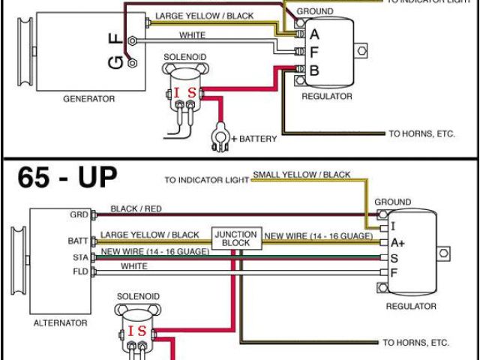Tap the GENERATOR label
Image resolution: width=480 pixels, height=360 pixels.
coord(88,99)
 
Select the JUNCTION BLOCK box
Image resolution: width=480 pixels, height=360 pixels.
coord(235,238)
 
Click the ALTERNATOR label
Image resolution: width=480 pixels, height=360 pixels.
coord(61,322)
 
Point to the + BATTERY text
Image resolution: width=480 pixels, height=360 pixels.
coord(254,139)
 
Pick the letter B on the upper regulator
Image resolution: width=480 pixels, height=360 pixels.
coord(314,71)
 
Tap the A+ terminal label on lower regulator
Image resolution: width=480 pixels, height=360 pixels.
coord(398,243)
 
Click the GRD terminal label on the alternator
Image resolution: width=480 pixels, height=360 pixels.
coord(78,214)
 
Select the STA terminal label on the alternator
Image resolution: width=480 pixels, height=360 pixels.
coord(79,257)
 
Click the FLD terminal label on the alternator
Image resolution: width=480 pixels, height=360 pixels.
coord(79,271)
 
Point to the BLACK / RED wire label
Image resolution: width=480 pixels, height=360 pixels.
coord(147,208)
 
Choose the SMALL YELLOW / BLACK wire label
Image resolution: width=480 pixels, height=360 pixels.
coord(301,175)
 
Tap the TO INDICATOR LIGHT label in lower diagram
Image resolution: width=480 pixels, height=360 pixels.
coord(207,180)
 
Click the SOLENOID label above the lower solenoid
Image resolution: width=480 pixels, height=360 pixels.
coord(138,297)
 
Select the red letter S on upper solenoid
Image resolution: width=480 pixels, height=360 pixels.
coord(192,93)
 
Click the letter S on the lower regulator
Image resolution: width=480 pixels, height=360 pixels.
coord(394,257)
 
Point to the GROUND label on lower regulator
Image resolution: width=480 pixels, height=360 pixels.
coord(392,202)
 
